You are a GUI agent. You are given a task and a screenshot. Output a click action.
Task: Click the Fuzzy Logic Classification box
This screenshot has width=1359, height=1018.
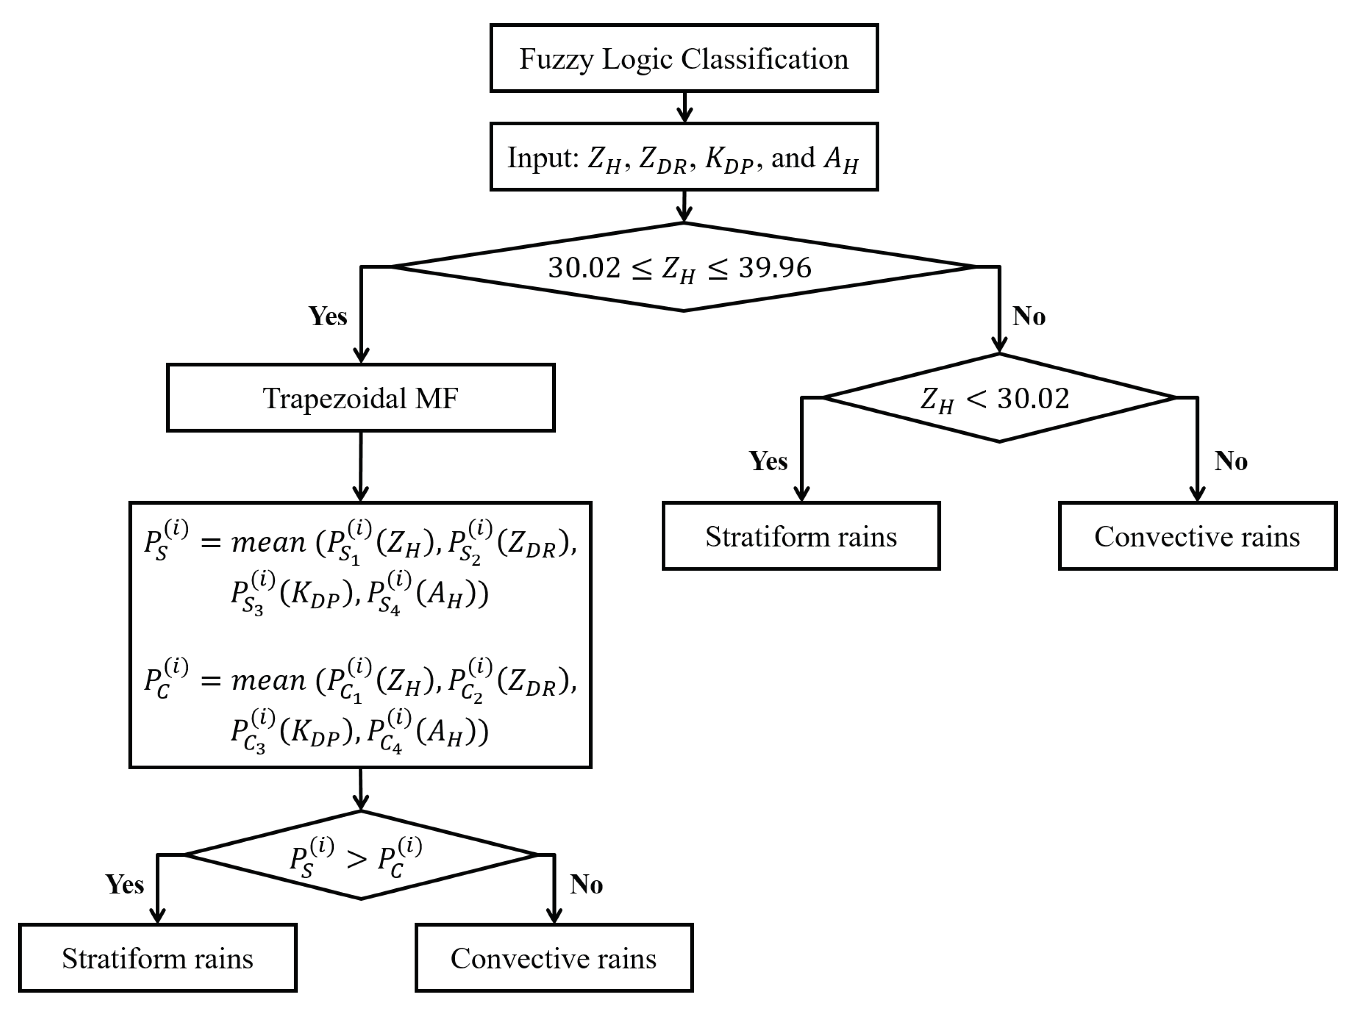coord(684,58)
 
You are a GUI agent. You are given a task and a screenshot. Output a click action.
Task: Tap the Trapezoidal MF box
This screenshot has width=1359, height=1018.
coord(361,398)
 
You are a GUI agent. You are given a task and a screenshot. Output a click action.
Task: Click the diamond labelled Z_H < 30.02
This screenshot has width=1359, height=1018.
coord(998,398)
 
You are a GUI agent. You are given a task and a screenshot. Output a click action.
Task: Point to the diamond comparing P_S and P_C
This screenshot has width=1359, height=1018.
coord(361,855)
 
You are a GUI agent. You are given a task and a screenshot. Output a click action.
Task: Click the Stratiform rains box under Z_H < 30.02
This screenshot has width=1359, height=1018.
coord(801,536)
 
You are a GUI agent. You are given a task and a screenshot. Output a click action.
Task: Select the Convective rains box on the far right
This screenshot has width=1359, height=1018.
coord(1197,536)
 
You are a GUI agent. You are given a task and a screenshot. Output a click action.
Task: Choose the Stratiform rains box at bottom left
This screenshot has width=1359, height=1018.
coord(157,958)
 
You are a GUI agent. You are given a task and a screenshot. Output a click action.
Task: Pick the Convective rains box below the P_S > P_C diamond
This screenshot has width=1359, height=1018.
coord(554,958)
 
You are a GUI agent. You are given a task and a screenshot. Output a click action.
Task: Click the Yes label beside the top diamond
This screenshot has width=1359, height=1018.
coord(328,316)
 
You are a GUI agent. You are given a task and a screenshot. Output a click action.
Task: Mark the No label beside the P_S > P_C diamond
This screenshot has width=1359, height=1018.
coord(586,885)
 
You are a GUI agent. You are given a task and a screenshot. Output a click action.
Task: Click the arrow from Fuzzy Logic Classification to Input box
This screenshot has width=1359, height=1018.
coord(685,108)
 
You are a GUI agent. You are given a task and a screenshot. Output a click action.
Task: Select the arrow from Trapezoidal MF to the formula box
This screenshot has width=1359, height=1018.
coord(361,467)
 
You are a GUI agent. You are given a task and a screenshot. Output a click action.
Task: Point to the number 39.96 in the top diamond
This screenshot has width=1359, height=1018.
coord(775,268)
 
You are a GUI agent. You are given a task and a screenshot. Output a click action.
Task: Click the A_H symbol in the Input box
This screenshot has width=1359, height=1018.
coord(841,159)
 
